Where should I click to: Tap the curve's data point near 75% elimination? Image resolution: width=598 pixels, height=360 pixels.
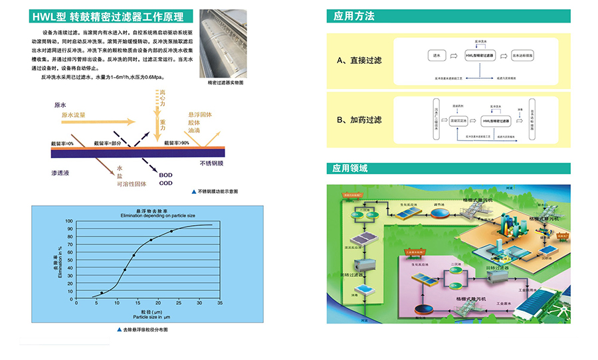click(151, 240)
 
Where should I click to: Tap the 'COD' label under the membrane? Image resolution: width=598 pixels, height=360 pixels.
click(165, 183)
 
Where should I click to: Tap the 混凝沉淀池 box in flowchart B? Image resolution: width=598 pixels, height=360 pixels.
click(460, 121)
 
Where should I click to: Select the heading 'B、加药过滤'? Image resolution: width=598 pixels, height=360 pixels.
click(359, 120)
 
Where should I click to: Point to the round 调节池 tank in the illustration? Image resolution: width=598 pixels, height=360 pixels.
click(439, 213)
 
